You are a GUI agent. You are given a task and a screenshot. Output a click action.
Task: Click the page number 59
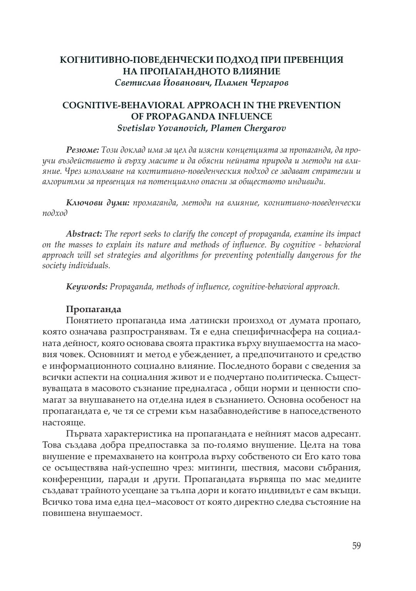coord(356,546)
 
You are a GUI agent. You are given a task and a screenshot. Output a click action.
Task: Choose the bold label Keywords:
coord(87,287)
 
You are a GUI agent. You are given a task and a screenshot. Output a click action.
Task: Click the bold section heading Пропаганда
coord(94,309)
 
